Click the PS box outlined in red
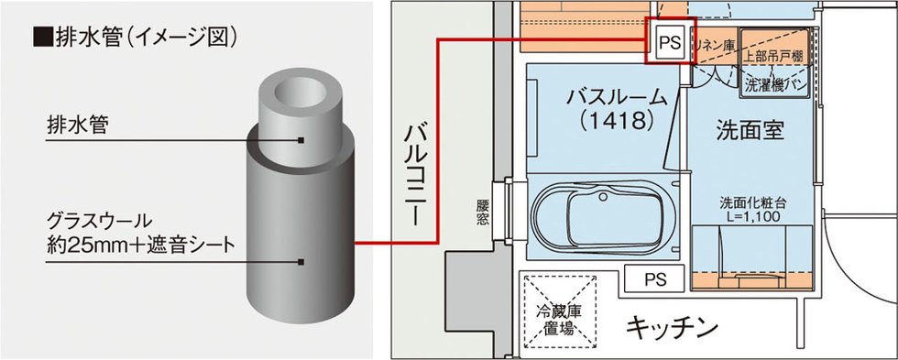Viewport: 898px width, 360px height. coord(670,40)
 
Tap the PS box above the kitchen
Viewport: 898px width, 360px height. coord(654,279)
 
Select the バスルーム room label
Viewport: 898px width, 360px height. coord(617,97)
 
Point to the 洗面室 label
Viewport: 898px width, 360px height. coord(750,131)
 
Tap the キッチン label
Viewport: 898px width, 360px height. coord(672,328)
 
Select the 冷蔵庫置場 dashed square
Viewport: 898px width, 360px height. coord(558,312)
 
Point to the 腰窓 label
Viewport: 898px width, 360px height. coord(483,212)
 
